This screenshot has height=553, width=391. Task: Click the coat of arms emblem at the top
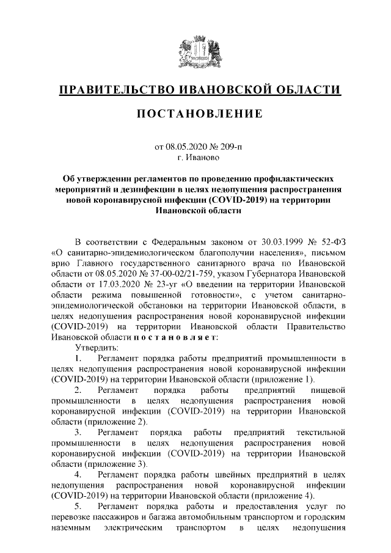click(195, 53)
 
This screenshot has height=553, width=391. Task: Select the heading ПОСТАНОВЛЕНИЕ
click(195, 114)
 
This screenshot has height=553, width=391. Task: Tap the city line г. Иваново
click(195, 158)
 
